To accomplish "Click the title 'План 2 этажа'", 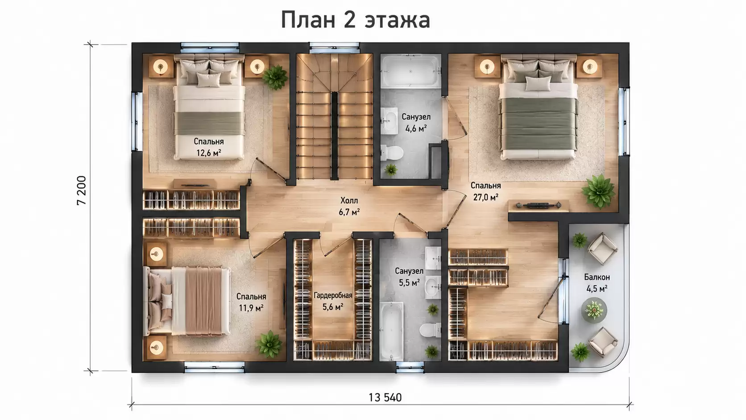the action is click(x=355, y=20).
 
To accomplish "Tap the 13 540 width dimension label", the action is click(x=385, y=397).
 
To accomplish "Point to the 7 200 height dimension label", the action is click(x=81, y=191).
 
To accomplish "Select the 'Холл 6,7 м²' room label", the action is click(x=349, y=206).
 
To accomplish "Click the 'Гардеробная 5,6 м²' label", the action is click(x=333, y=301).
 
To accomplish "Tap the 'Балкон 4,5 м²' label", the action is click(x=597, y=283).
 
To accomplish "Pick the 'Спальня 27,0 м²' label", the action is click(x=485, y=191).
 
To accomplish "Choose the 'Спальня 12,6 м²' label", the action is click(x=209, y=147).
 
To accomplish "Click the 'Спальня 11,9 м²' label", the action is click(x=251, y=302).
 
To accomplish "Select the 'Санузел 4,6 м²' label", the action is click(x=416, y=122).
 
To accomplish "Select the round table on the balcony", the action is click(x=594, y=310).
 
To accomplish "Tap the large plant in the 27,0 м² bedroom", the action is click(x=598, y=191).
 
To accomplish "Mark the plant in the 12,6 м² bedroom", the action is click(x=275, y=77).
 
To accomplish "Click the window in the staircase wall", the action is click(x=334, y=47).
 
